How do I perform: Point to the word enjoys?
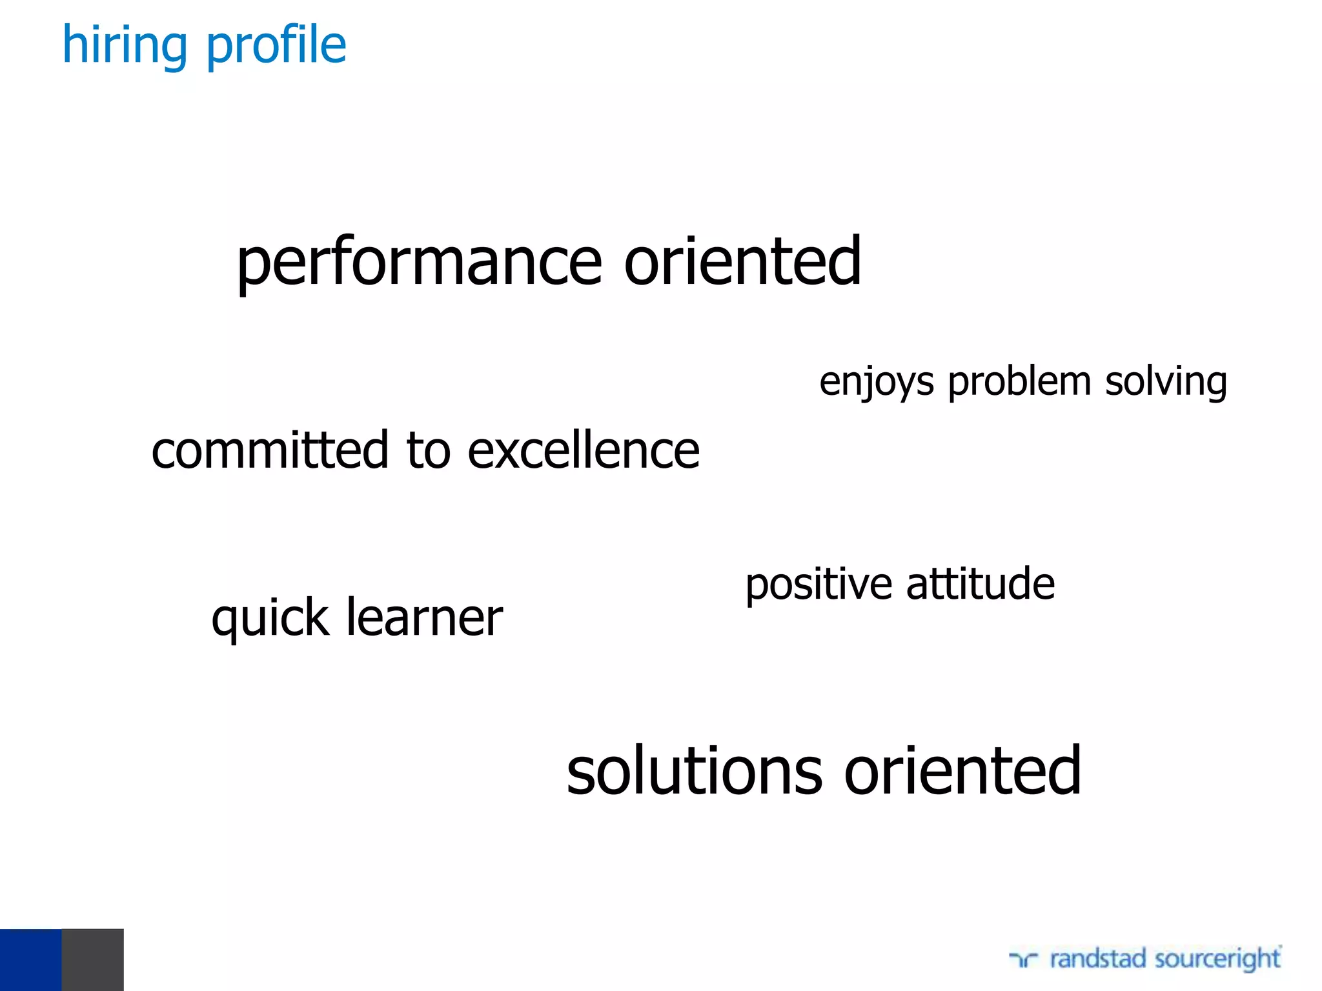pos(876,382)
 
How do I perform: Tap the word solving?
pos(1166,382)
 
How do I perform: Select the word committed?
pos(270,450)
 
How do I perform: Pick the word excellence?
pos(583,450)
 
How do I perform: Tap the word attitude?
pos(980,583)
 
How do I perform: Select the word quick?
pos(270,618)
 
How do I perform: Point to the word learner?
pos(424,617)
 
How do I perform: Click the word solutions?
pos(695,770)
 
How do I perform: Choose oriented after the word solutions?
pos(962,770)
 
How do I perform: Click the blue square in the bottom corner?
pos(30,959)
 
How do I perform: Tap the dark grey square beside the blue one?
pos(92,959)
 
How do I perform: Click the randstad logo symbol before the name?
pos(1023,960)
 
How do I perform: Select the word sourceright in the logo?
pos(1217,958)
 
